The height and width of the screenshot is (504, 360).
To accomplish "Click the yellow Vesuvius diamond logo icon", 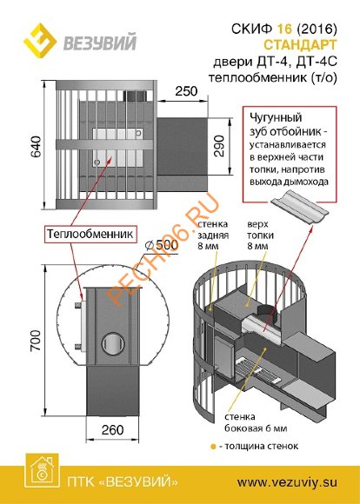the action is (x=40, y=39).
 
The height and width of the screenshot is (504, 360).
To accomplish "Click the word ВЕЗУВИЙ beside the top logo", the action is (x=100, y=43).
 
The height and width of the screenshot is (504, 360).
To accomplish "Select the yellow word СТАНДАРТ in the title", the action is (x=300, y=44).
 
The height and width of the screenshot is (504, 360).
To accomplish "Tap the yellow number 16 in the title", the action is (x=283, y=29).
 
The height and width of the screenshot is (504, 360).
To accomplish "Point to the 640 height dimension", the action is (x=36, y=146).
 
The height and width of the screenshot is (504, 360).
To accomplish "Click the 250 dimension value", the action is (x=186, y=91).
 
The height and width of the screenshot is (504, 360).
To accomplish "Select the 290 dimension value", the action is (x=218, y=146).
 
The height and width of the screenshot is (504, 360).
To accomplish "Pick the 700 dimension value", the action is (x=36, y=340).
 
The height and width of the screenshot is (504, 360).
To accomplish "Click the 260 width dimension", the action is (x=112, y=430).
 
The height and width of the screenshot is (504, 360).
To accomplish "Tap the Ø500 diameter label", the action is (x=162, y=246).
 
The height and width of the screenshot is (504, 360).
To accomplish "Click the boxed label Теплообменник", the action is (x=90, y=234).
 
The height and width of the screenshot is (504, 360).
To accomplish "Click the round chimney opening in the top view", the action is (x=113, y=343).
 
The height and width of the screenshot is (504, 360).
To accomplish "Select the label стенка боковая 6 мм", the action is (x=256, y=422).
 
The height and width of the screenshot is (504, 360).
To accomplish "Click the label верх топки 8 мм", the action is (x=260, y=235).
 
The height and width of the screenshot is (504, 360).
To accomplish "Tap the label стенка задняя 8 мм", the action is (x=213, y=235).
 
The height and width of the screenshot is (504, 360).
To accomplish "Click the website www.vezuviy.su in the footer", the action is (x=287, y=482).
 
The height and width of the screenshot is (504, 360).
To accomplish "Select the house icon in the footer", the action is (x=42, y=470).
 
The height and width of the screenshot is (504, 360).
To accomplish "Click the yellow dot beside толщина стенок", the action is (x=212, y=447).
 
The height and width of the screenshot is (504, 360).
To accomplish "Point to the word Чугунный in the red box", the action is (x=276, y=118).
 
